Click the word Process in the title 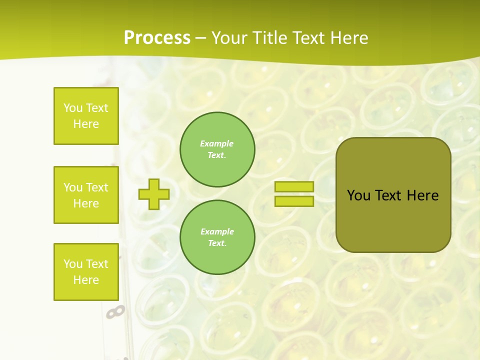click(x=157, y=38)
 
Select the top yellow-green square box click(x=86, y=116)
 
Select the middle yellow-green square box click(x=86, y=195)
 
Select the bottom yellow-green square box click(x=86, y=272)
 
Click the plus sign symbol click(x=153, y=194)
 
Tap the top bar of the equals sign click(x=294, y=186)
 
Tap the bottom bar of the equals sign click(x=294, y=201)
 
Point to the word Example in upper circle click(x=216, y=143)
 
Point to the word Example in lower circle click(x=217, y=231)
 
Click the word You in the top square click(x=73, y=108)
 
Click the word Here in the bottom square click(x=86, y=280)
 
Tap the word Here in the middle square click(x=86, y=203)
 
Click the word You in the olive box click(x=359, y=195)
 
